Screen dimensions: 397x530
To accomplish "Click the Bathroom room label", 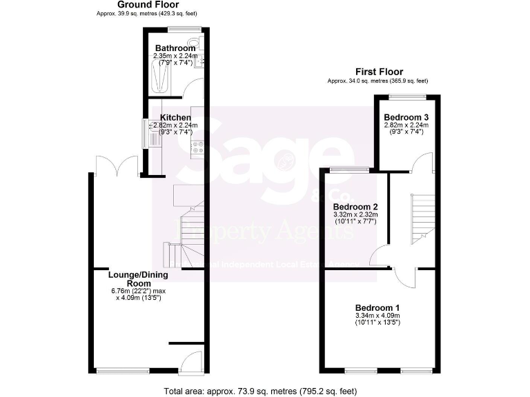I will click(175, 48).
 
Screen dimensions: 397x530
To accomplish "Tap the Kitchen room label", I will click(175, 118).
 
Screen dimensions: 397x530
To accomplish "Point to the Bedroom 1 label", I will click(377, 307).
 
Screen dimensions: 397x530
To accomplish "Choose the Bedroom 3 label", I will click(406, 117).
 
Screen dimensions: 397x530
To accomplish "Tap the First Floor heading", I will click(379, 72).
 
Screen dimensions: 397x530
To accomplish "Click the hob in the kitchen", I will click(196, 147).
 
